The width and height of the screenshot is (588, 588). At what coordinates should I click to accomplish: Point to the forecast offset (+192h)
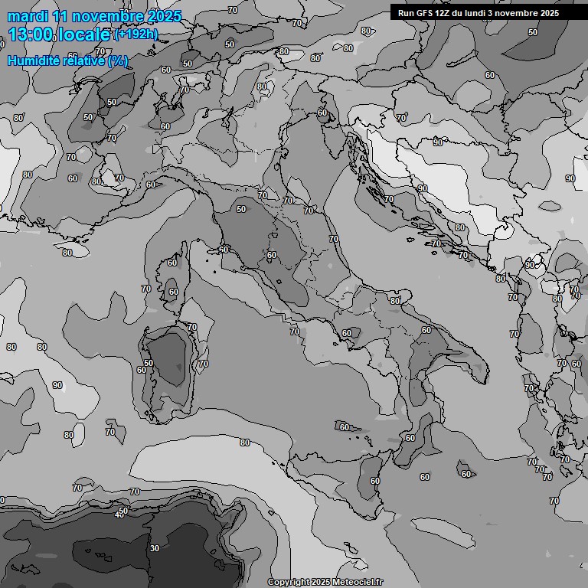pos(136,34)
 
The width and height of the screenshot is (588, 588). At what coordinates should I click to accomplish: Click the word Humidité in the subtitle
pos(32,60)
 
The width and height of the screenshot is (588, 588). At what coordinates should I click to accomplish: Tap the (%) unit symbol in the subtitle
pos(118,60)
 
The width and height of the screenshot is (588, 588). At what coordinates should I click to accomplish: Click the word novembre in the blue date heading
pos(102,16)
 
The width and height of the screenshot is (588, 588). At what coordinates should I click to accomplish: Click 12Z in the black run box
pos(444,13)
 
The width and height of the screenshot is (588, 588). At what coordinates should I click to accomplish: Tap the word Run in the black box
pos(406,13)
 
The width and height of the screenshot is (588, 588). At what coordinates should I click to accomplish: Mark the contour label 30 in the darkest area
pos(155,548)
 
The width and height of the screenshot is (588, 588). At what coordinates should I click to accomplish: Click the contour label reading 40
pos(119,515)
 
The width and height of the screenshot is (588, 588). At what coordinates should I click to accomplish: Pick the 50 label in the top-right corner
pos(533,32)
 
